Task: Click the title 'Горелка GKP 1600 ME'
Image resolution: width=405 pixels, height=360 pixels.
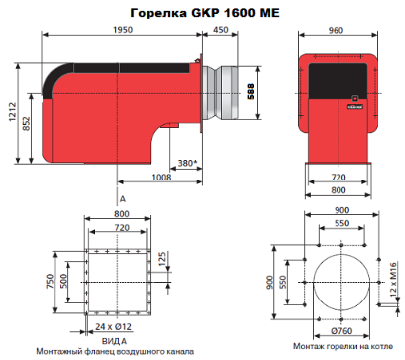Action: pyautogui.click(x=205, y=13)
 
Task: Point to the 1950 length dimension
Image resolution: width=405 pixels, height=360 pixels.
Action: pyautogui.click(x=123, y=30)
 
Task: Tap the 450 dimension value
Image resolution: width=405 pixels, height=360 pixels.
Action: pyautogui.click(x=220, y=30)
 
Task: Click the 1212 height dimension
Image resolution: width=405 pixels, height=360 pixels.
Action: pyautogui.click(x=13, y=112)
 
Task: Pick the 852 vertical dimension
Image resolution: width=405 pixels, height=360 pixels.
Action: pyautogui.click(x=27, y=123)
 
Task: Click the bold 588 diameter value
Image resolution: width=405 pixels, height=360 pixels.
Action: pyautogui.click(x=251, y=91)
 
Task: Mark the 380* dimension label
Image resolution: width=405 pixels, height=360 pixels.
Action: pyautogui.click(x=187, y=163)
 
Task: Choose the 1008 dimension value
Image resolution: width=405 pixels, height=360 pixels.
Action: pyautogui.click(x=161, y=178)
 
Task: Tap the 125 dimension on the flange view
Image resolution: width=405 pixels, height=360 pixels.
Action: pyautogui.click(x=162, y=259)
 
